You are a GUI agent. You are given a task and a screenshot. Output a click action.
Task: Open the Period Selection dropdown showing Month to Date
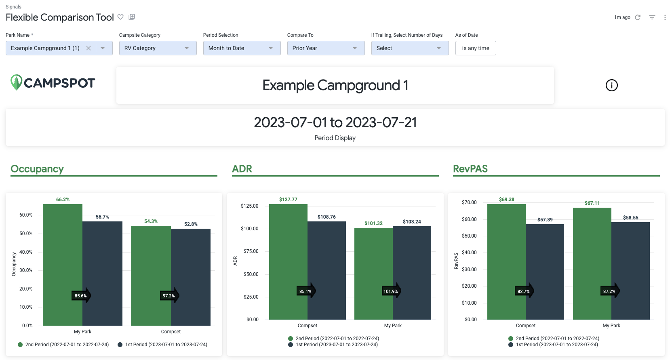(242, 48)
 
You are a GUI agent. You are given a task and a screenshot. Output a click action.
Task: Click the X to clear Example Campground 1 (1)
(88, 48)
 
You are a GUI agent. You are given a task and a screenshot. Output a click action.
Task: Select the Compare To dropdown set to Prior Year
(326, 48)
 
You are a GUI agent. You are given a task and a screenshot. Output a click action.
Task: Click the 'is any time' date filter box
(475, 48)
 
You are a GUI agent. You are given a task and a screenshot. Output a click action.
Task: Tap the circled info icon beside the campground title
(611, 85)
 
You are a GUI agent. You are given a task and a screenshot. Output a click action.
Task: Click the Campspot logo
(53, 83)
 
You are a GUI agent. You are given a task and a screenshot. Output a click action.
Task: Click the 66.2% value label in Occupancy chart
(63, 200)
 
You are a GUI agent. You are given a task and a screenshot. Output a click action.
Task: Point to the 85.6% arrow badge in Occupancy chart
(81, 296)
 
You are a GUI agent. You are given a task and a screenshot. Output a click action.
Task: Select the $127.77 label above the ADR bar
(288, 200)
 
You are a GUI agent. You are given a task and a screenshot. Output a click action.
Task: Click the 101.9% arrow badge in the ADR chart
(391, 291)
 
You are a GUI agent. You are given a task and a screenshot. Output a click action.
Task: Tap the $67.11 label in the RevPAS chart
(592, 203)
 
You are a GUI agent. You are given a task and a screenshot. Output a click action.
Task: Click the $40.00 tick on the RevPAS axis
(469, 253)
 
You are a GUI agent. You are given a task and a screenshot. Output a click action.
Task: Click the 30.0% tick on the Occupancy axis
(26, 270)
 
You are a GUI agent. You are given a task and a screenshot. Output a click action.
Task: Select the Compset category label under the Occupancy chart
(171, 332)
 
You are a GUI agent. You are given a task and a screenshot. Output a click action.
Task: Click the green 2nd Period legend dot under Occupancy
(20, 345)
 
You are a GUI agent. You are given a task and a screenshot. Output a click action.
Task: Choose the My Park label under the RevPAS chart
(611, 326)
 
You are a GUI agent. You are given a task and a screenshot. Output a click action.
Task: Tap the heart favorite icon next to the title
(120, 17)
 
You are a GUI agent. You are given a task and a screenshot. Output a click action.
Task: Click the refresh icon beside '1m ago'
(638, 17)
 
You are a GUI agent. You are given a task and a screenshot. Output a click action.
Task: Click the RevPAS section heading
(470, 169)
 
